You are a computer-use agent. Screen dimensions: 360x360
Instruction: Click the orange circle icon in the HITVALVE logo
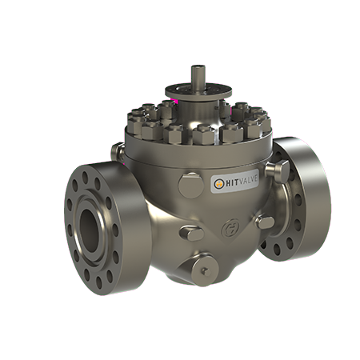(x=217, y=184)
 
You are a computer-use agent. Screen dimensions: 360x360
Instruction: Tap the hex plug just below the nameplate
(x=193, y=233)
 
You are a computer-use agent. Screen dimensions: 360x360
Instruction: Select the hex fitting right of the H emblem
(x=264, y=222)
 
